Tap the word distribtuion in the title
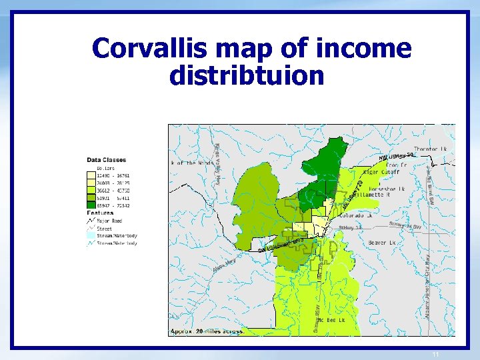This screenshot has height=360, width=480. [247, 75]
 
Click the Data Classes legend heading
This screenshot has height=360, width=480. [107, 160]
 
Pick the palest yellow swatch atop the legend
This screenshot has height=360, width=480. [91, 175]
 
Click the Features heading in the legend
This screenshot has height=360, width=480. [100, 214]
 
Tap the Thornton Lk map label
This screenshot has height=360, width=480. [431, 149]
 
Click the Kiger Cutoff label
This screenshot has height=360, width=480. [383, 171]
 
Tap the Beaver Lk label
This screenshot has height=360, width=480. [382, 243]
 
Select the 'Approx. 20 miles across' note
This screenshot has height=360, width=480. [207, 331]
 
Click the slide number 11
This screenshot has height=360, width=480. [435, 354]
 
